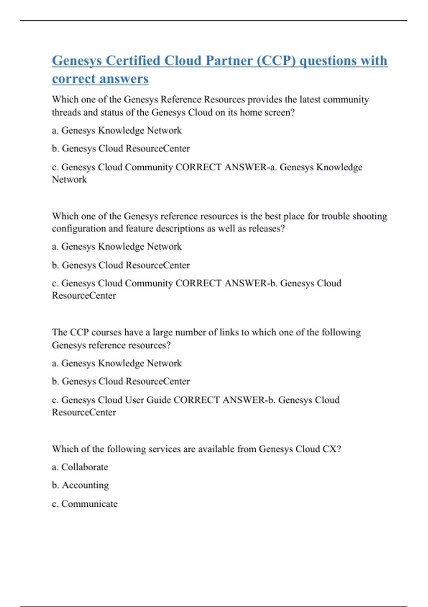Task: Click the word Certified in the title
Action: pos(133,61)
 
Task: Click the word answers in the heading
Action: pos(124,79)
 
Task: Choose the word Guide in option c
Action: pos(159,400)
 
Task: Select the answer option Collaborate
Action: pos(85,467)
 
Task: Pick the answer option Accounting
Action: pos(85,485)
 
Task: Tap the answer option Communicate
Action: pos(89,504)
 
